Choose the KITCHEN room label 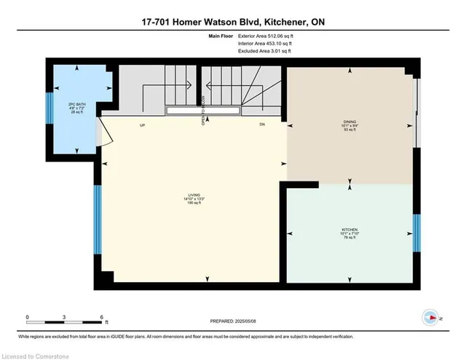pyautogui.click(x=349, y=233)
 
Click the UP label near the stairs pyautogui.click(x=143, y=125)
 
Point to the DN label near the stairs pyautogui.click(x=263, y=125)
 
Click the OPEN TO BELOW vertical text pyautogui.click(x=203, y=109)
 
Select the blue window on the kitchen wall pyautogui.click(x=416, y=233)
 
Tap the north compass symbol pyautogui.click(x=430, y=318)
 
